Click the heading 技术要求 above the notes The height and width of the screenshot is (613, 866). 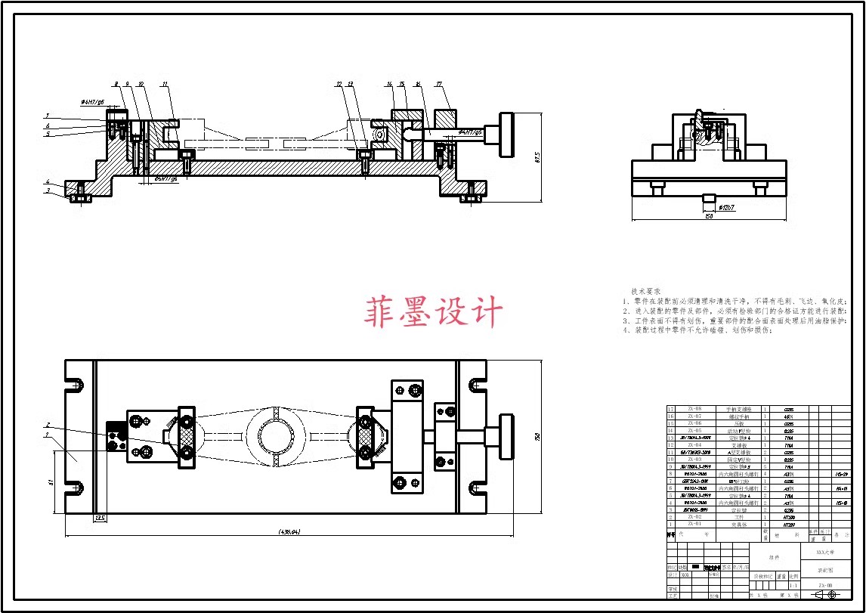click(646, 291)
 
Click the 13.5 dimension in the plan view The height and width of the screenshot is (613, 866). click(99, 519)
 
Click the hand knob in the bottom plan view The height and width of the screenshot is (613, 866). click(505, 437)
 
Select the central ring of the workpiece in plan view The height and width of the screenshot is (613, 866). click(274, 437)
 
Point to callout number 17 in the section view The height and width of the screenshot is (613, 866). click(439, 83)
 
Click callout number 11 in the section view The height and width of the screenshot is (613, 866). click(165, 83)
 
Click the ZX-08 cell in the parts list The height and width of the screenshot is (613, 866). click(694, 409)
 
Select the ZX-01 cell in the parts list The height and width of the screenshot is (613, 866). click(694, 523)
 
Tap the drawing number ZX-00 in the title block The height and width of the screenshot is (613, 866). click(825, 585)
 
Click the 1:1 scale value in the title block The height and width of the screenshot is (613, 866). click(793, 585)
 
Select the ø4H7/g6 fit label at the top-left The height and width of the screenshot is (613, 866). click(93, 100)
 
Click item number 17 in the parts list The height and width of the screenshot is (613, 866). click(670, 409)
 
